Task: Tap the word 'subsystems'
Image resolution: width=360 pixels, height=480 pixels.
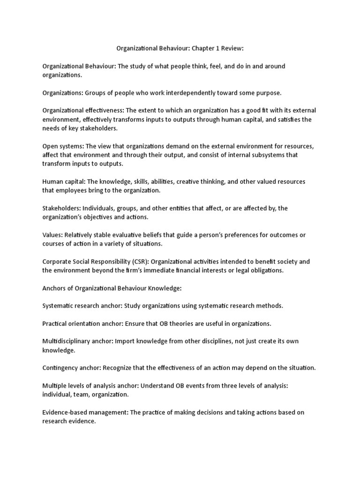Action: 282,155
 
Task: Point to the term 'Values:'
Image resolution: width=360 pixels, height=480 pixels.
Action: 52,234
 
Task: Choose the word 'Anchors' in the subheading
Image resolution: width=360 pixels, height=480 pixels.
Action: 54,288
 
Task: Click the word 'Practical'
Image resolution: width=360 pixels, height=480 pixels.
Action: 56,323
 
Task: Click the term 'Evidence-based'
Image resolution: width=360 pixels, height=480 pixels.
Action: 65,412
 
